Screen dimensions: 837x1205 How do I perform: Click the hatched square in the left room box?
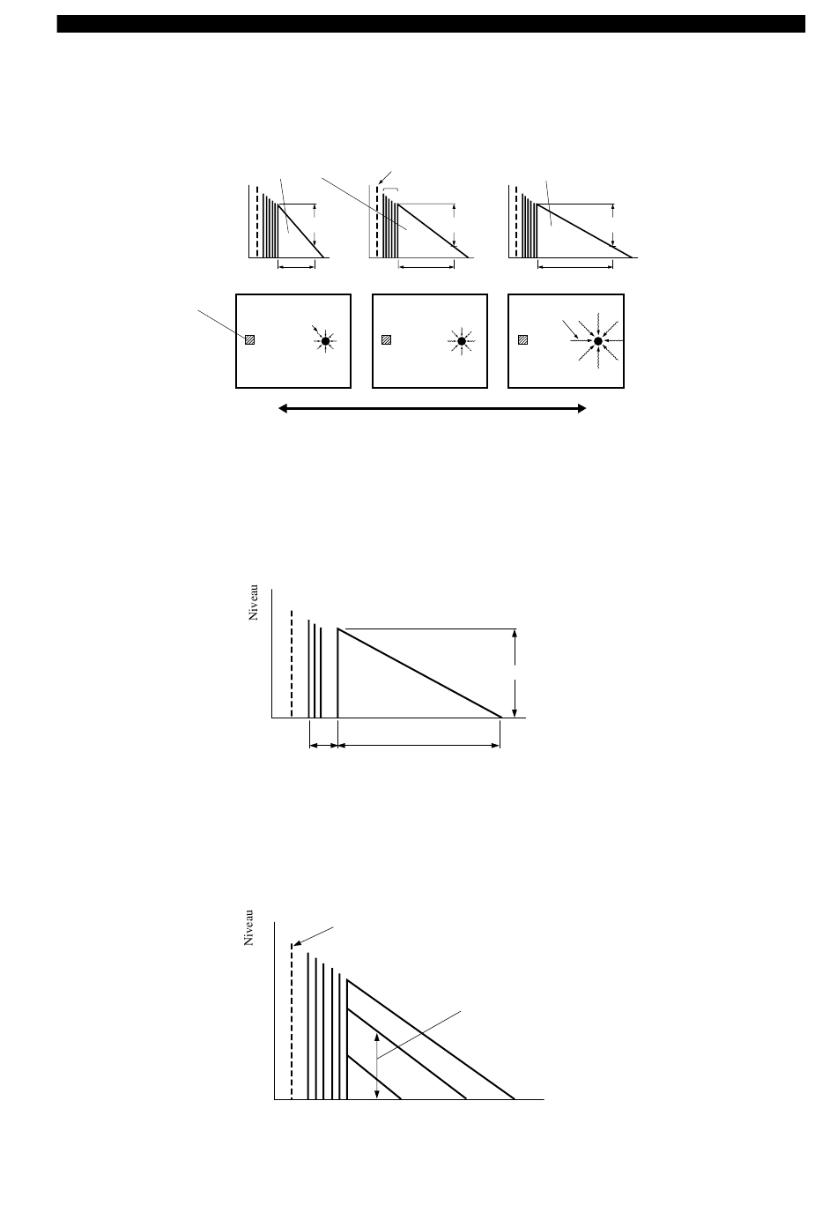[249, 339]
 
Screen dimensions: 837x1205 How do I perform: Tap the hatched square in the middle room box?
[386, 339]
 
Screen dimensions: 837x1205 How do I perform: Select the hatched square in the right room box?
[522, 339]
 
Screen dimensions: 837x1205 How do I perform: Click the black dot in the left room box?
[325, 341]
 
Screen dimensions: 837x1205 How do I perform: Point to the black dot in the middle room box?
[462, 341]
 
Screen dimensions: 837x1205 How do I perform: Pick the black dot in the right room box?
[597, 341]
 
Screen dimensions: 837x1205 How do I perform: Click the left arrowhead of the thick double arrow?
[283, 409]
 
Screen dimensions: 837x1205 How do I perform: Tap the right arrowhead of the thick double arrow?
[581, 409]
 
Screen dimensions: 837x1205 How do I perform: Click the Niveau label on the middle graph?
[254, 603]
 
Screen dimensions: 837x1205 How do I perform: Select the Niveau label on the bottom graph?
[248, 928]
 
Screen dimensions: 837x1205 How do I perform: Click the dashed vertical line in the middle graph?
[292, 664]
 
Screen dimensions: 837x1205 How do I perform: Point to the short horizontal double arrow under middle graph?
[323, 746]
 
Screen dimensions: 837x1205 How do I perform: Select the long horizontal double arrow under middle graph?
[418, 746]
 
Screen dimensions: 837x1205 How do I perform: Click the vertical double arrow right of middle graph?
[515, 673]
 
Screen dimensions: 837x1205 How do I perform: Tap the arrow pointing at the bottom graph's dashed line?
[314, 936]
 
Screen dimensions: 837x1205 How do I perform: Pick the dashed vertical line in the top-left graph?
[257, 222]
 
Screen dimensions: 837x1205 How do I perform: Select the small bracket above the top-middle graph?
[391, 190]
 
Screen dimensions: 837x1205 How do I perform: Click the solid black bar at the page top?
[431, 24]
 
